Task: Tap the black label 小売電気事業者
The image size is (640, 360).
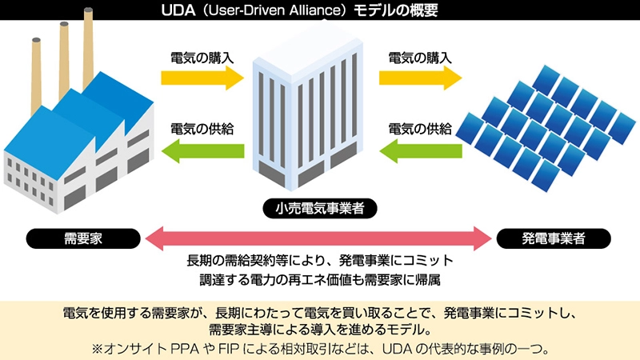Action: [x=320, y=210]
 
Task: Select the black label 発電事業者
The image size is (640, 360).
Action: [x=554, y=238]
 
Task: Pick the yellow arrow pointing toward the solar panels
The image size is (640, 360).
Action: [x=420, y=78]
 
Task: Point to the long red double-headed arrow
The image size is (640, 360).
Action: [x=320, y=238]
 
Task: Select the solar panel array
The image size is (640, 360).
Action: [x=552, y=124]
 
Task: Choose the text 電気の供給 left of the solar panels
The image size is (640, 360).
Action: [x=420, y=128]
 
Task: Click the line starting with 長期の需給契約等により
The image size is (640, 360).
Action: [x=320, y=262]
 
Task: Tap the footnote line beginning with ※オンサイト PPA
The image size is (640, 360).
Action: [x=320, y=349]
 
